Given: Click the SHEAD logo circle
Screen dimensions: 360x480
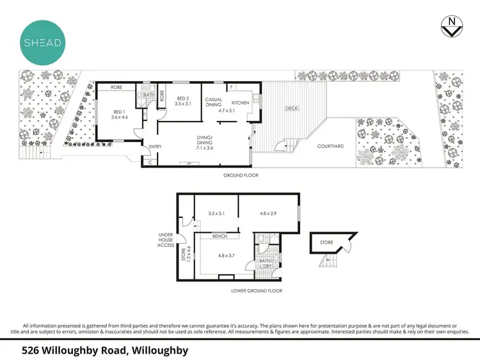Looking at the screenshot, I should click(x=42, y=42).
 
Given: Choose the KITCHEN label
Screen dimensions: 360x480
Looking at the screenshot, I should click(x=239, y=103).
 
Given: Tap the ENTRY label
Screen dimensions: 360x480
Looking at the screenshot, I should click(x=155, y=146).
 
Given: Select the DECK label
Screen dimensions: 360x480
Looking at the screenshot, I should click(x=291, y=108).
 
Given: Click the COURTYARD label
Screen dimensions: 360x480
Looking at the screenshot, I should click(x=331, y=146).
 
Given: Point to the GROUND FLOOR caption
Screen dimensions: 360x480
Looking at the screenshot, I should click(x=240, y=175).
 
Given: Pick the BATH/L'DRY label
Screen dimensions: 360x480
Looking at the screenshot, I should click(x=265, y=263).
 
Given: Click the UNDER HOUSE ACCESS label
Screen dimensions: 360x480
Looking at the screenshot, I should click(x=166, y=239).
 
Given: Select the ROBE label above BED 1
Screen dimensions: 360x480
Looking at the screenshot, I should click(x=116, y=87).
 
